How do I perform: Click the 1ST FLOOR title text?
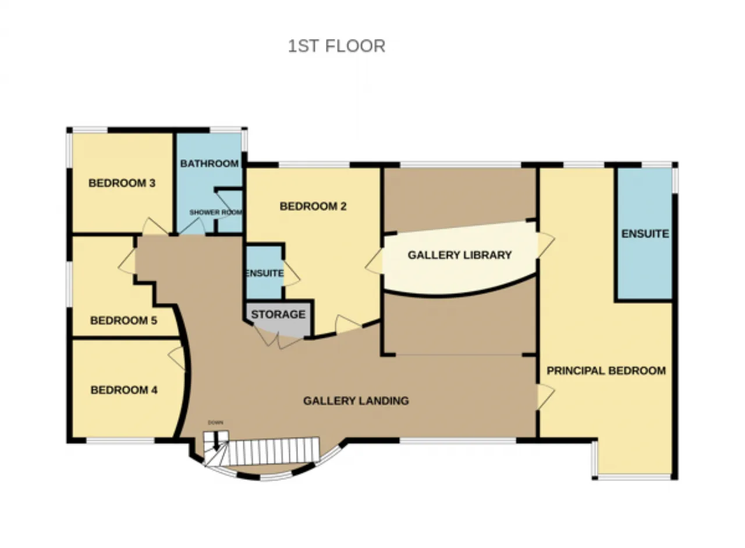click(x=336, y=46)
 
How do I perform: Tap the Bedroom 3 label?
click(x=122, y=183)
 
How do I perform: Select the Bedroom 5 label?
click(x=124, y=321)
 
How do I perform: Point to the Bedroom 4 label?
click(x=124, y=390)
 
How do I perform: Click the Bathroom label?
click(x=210, y=163)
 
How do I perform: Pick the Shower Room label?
click(x=215, y=212)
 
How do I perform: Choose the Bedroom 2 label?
click(x=313, y=206)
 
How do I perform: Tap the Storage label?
click(x=278, y=314)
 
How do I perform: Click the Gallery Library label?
click(x=460, y=255)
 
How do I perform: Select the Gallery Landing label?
click(x=356, y=401)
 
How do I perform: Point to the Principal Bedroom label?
click(x=606, y=371)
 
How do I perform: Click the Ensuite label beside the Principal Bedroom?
click(x=645, y=234)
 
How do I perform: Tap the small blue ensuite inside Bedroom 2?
click(x=264, y=273)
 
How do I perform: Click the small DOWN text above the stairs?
click(x=215, y=423)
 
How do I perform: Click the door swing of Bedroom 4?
click(x=177, y=358)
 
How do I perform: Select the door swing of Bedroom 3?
click(x=155, y=227)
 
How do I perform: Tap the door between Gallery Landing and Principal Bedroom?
click(x=545, y=397)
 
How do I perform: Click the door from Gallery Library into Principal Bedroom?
click(x=545, y=245)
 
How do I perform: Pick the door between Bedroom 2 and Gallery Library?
click(x=374, y=262)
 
